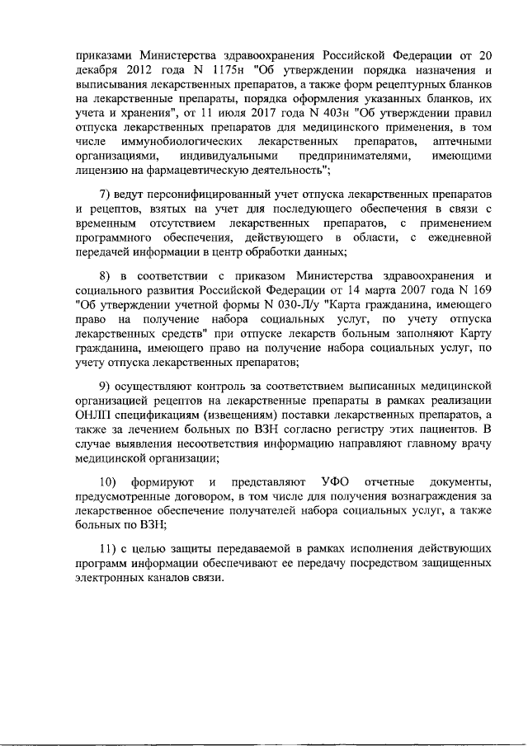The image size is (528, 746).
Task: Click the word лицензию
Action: [x=100, y=171]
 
